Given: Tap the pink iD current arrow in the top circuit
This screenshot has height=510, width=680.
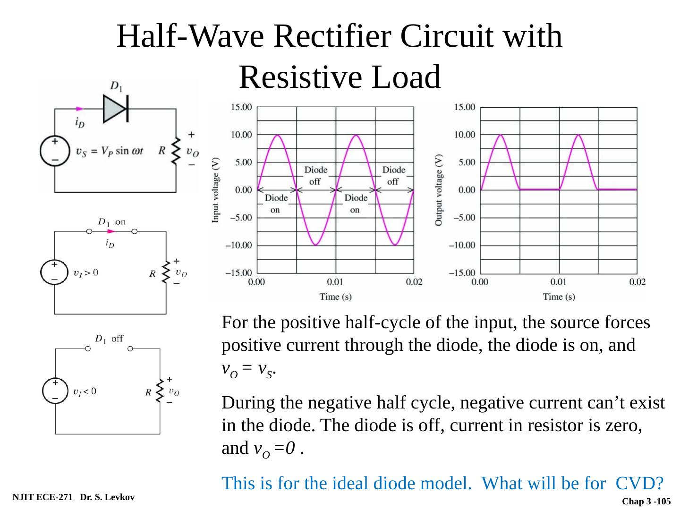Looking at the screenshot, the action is point(79,109).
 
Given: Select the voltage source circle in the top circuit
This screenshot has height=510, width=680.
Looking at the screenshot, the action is point(55,151).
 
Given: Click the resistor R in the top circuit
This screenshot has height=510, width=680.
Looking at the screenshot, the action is point(176,151).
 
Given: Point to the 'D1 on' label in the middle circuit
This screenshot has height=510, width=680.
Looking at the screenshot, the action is point(112,221).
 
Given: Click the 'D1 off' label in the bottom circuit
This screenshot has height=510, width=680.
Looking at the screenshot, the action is point(109,339).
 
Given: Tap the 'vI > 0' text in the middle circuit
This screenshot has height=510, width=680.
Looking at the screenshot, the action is point(85,272).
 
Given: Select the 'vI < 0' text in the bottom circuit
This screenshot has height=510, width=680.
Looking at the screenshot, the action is point(85,391).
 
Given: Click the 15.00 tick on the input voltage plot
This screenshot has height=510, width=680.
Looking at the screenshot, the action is point(241,107).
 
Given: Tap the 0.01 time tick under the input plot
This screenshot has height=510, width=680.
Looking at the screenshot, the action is point(335,282).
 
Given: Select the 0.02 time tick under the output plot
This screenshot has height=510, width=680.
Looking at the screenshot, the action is point(637,282).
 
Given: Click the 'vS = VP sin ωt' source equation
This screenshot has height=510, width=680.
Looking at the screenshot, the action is point(110,151).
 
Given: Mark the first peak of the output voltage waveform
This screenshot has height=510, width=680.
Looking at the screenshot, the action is point(500,135).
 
